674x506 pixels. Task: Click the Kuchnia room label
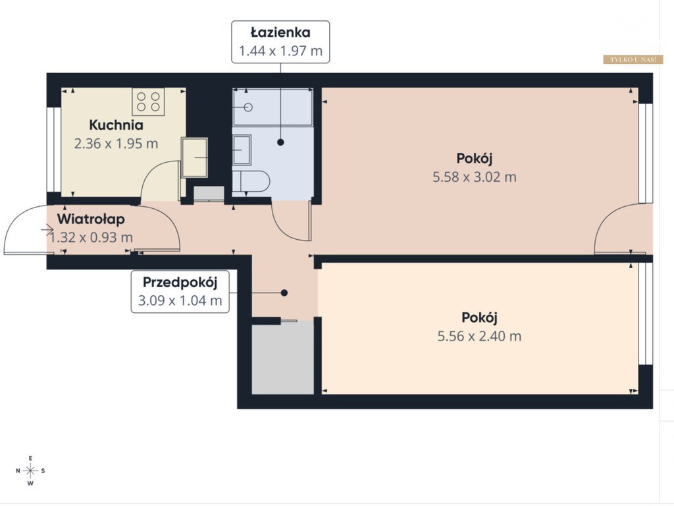point(116,125)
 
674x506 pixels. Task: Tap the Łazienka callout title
point(280,32)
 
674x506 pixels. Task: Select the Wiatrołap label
point(91,219)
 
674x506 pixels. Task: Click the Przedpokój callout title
point(180,283)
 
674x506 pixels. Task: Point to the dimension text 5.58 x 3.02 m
point(475,177)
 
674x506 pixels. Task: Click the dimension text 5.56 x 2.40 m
point(479,336)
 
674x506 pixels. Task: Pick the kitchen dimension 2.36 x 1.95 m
point(116,144)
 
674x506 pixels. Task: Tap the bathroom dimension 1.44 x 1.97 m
point(280,51)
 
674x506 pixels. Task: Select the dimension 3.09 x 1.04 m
point(180,300)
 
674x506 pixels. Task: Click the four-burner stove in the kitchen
point(148,101)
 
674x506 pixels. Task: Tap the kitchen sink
point(194,157)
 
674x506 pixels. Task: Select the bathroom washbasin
point(242,150)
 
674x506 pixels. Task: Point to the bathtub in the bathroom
point(272,107)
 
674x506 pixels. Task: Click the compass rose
point(30,470)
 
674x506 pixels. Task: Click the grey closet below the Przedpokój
point(282,358)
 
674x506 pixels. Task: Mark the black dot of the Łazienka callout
point(280,142)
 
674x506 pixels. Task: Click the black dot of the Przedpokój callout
point(284,293)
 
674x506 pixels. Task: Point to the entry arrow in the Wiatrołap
point(47,230)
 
